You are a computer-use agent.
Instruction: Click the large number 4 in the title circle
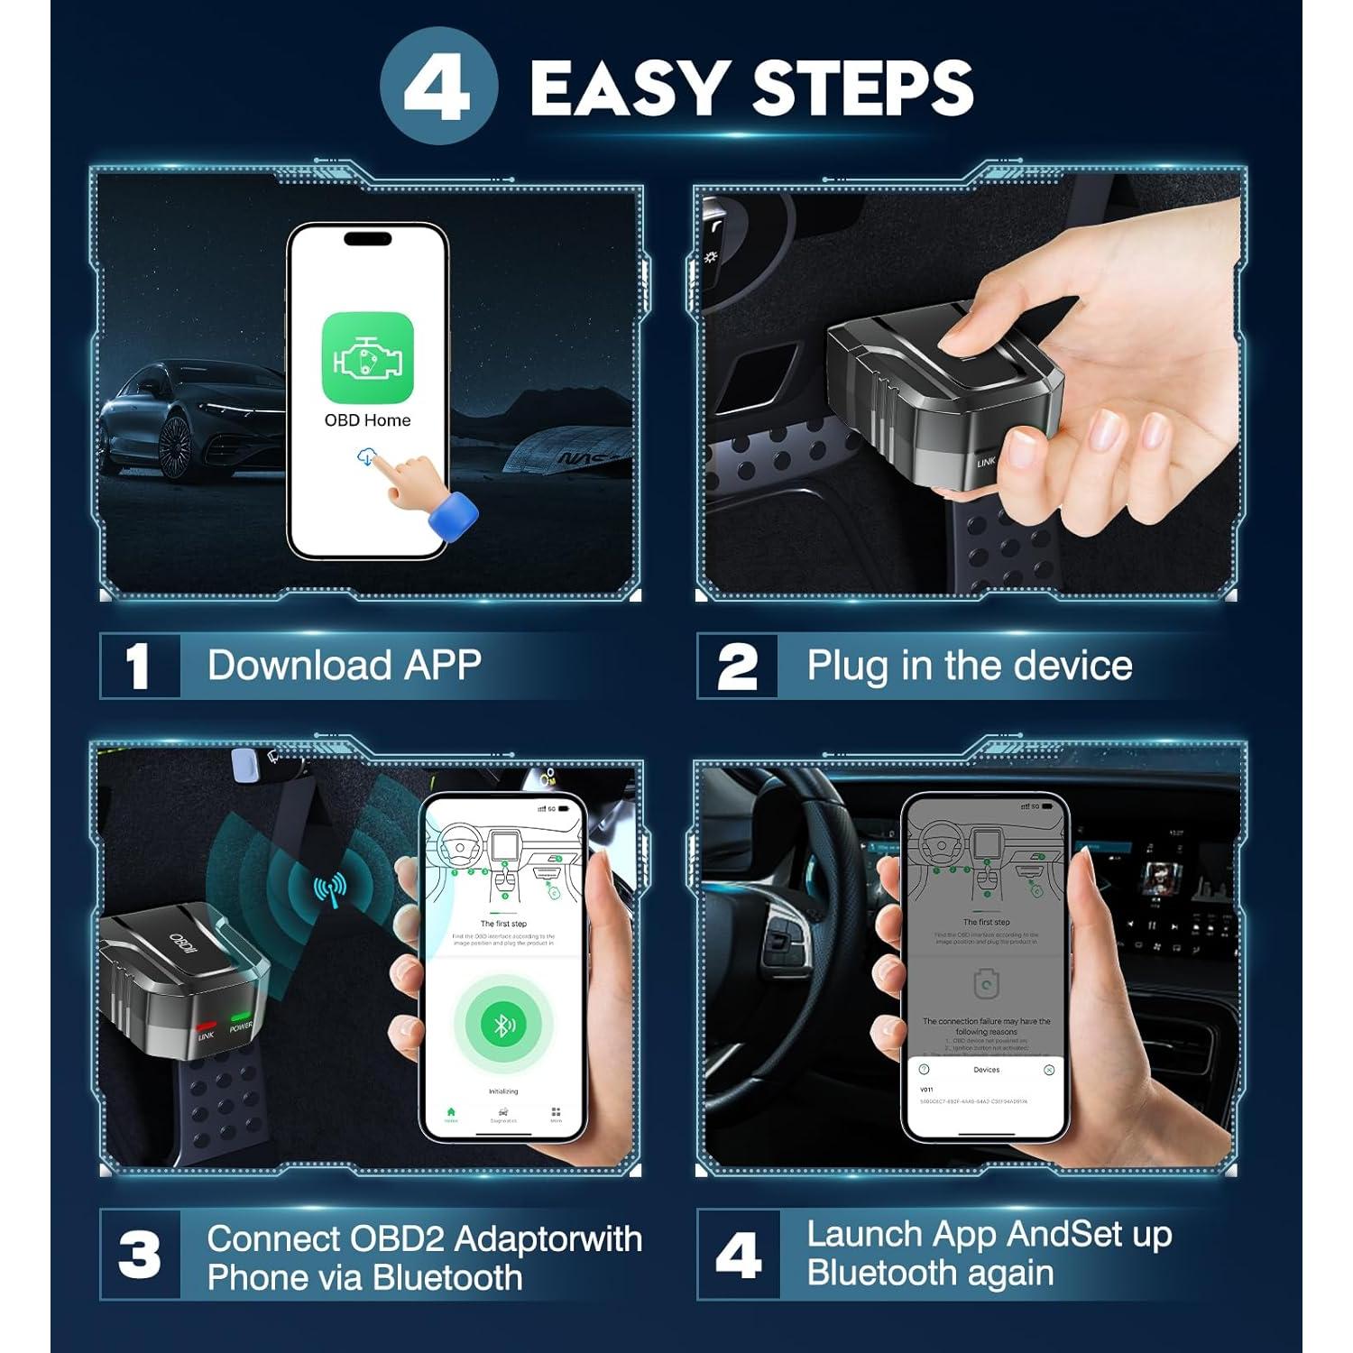[437, 88]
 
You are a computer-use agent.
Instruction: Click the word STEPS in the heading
[862, 88]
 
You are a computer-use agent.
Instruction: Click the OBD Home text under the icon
[367, 420]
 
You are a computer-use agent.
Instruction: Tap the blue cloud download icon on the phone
[365, 457]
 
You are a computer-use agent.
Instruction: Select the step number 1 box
[139, 667]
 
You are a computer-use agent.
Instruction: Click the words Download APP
[344, 666]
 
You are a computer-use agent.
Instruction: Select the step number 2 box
[737, 667]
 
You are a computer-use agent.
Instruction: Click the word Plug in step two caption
[846, 666]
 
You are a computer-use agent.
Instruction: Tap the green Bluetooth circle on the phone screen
[503, 1024]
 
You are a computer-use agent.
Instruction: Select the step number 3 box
[139, 1255]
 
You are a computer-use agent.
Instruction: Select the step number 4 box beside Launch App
[737, 1255]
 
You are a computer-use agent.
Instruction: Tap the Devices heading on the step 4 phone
[986, 1070]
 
